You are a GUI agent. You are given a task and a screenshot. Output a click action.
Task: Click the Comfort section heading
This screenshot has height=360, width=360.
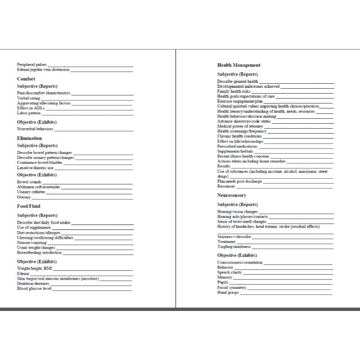[26, 79]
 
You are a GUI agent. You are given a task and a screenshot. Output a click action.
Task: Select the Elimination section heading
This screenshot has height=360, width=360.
[30, 138]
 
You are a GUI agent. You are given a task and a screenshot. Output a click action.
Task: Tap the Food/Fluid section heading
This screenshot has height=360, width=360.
[29, 206]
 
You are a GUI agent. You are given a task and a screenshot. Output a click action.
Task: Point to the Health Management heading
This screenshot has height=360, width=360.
[238, 65]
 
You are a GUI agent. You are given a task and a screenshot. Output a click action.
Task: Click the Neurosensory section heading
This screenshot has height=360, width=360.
[232, 196]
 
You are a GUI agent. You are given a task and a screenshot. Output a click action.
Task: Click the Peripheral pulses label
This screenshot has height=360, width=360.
[31, 65]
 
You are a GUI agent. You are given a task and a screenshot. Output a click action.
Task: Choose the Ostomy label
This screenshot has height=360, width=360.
[24, 197]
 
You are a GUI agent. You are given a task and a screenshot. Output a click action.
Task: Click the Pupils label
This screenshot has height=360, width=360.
[223, 283]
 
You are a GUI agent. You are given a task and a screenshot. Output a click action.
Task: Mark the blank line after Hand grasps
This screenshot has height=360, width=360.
[286, 293]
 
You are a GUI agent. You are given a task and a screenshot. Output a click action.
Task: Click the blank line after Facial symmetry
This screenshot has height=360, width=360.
[290, 288]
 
